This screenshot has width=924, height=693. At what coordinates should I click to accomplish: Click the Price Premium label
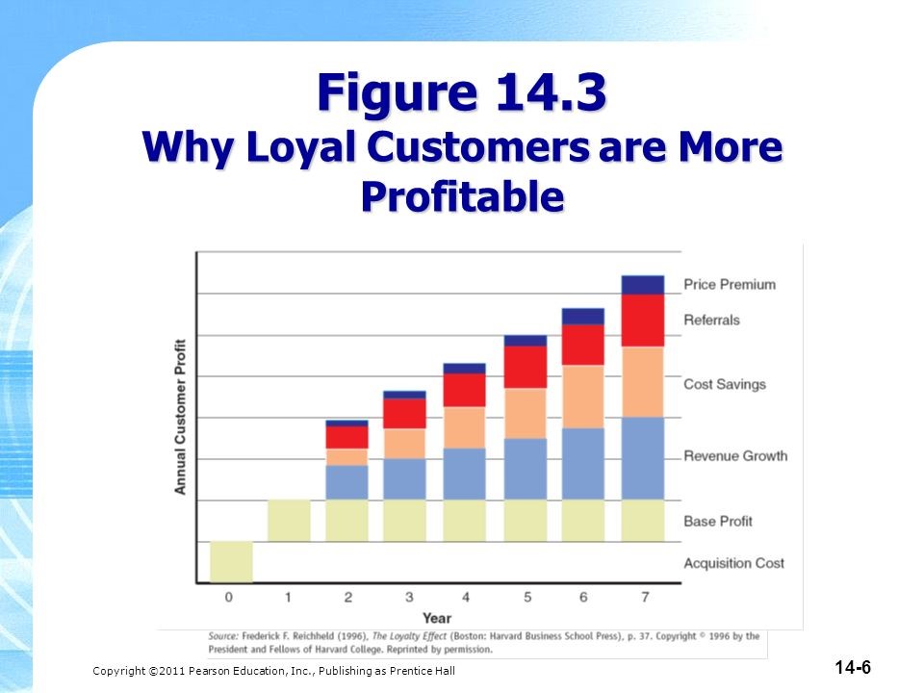(x=730, y=285)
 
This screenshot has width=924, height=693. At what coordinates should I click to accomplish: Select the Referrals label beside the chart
(x=711, y=320)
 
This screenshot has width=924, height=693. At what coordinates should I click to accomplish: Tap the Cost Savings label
(x=724, y=384)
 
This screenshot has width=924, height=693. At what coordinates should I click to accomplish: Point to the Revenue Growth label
(x=735, y=455)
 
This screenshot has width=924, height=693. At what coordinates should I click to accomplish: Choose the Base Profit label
(x=718, y=521)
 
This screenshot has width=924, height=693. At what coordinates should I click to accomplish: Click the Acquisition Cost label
(x=733, y=563)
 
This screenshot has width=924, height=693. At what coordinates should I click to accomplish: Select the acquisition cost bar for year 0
(x=232, y=562)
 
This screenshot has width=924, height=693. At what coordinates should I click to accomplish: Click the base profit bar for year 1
(x=289, y=521)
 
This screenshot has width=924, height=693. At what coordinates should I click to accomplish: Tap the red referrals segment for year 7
(x=643, y=321)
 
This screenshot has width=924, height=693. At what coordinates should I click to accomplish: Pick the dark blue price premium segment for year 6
(x=583, y=317)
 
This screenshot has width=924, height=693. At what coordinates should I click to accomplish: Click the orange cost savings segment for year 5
(x=526, y=413)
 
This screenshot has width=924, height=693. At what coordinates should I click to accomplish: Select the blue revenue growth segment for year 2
(x=347, y=482)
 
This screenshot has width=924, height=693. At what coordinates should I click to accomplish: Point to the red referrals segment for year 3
(x=404, y=414)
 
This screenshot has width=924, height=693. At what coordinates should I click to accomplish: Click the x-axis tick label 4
(x=466, y=598)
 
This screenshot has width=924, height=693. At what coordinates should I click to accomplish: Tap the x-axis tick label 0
(x=229, y=598)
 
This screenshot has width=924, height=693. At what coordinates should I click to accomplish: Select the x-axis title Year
(x=437, y=618)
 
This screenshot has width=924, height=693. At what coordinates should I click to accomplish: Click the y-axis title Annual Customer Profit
(x=180, y=417)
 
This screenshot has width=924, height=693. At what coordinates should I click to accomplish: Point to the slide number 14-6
(x=853, y=668)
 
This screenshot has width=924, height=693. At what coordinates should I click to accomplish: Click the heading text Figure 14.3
(x=462, y=92)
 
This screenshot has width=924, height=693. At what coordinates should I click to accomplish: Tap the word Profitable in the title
(x=463, y=195)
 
